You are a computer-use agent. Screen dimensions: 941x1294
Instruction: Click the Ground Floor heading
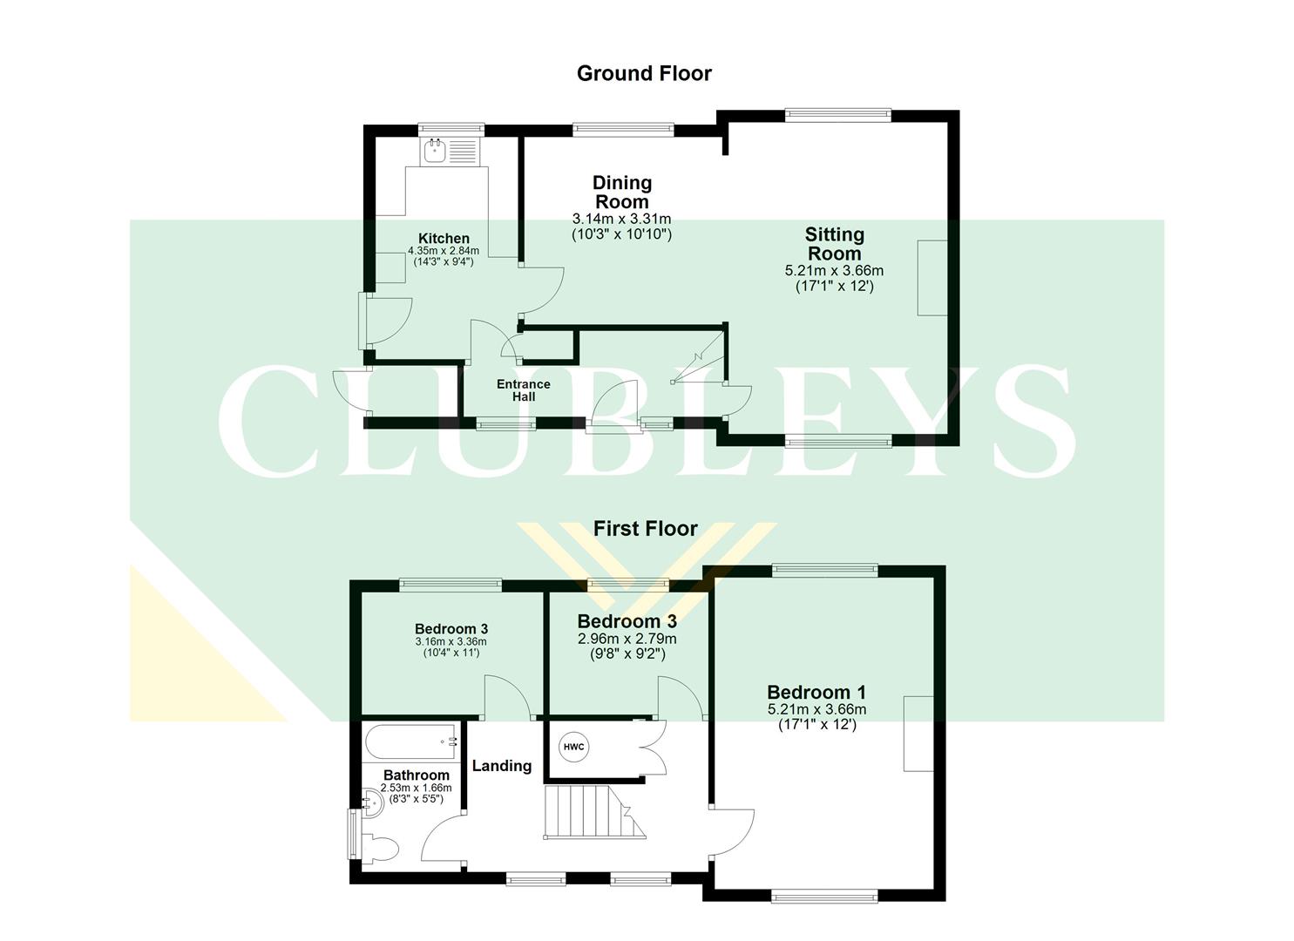[x=644, y=74]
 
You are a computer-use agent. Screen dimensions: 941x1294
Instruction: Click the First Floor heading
[x=645, y=529]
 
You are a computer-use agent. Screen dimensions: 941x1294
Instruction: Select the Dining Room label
[x=621, y=192]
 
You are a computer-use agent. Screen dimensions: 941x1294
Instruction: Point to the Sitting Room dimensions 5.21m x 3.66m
[x=834, y=271]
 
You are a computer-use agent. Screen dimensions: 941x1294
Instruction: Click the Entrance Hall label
[x=523, y=389]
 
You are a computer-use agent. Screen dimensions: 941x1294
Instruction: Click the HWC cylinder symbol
[x=573, y=747]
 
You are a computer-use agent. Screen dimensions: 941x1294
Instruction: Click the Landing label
[x=501, y=766]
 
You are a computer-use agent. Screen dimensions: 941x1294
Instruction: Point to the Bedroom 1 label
[x=816, y=693]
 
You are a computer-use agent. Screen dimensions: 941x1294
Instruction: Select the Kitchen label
[x=444, y=239]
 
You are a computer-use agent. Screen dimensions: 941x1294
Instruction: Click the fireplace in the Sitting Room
[x=932, y=278]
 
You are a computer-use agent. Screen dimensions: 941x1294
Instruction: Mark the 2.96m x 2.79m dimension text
[x=627, y=639]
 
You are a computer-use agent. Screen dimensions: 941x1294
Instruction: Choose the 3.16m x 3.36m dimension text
[x=451, y=642]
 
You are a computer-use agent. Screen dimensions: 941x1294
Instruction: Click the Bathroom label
[x=417, y=775]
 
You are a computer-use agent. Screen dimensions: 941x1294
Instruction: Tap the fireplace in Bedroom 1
[x=918, y=734]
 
